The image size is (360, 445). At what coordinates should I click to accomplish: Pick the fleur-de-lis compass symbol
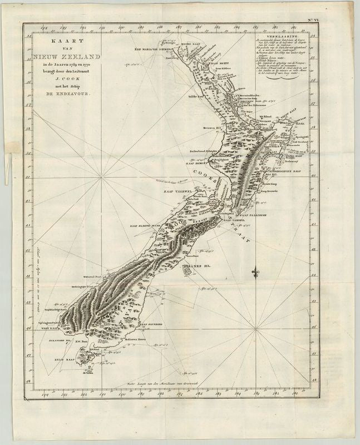click(x=256, y=273)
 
